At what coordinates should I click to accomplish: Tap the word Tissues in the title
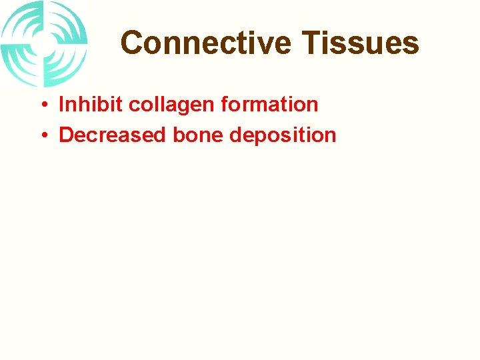tap(360, 43)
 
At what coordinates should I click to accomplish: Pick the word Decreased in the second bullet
tap(113, 135)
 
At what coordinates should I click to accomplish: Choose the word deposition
tap(283, 135)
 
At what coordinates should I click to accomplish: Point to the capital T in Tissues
tap(312, 43)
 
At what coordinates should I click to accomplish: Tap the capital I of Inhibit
tap(61, 105)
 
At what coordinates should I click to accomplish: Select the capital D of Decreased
tap(66, 135)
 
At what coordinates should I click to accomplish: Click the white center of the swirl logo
tap(45, 43)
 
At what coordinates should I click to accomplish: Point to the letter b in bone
tap(179, 135)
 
